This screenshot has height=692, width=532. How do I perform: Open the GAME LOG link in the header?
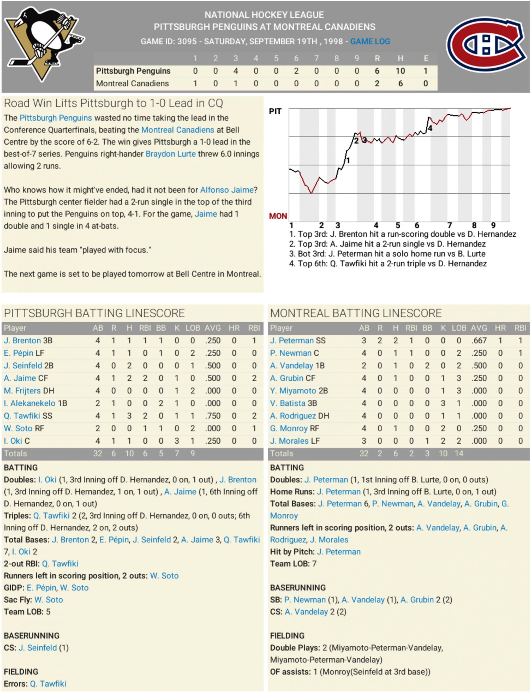tap(370, 41)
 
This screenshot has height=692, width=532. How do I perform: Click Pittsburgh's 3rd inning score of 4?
tap(236, 71)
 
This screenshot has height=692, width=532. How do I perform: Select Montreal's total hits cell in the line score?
tap(400, 84)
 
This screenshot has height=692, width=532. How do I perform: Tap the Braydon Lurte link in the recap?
tap(170, 154)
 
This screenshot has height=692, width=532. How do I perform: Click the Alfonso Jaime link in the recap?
tap(227, 190)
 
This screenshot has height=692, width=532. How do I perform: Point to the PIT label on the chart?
tap(275, 111)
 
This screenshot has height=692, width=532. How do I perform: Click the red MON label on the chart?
tap(278, 216)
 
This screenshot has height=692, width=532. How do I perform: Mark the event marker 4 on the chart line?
tap(430, 128)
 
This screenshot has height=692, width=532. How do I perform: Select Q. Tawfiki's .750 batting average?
tap(212, 416)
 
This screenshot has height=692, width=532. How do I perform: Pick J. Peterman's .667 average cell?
tap(479, 340)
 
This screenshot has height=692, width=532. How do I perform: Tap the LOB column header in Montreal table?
tap(459, 328)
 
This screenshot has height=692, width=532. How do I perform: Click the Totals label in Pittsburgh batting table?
tap(15, 453)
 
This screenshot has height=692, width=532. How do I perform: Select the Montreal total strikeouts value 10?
tap(443, 453)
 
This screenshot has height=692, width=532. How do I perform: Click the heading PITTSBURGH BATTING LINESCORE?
tap(94, 313)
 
